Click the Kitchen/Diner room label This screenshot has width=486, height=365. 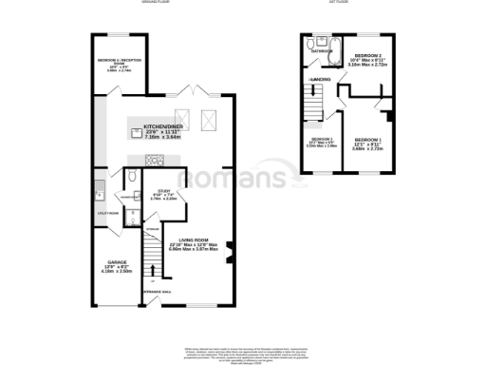point(162,131)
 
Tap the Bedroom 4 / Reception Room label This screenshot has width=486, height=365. point(119,66)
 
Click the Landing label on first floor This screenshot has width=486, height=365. point(319,79)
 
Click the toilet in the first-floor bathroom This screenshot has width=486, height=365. point(311,45)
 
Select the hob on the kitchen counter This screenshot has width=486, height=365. point(139,133)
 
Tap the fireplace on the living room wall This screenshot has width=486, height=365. point(229,253)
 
